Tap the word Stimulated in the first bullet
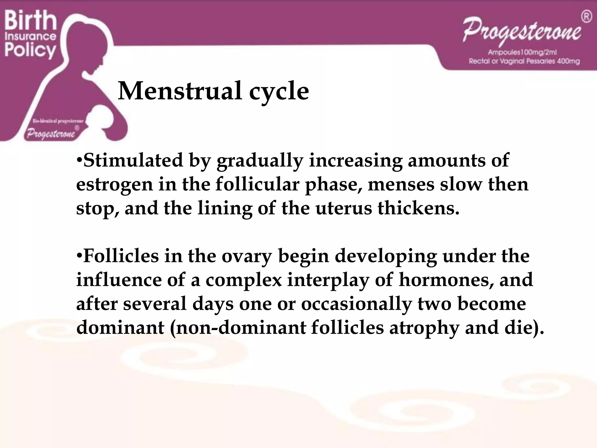pos(133,160)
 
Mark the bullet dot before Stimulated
pos(79,160)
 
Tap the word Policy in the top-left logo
pos(30,50)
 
